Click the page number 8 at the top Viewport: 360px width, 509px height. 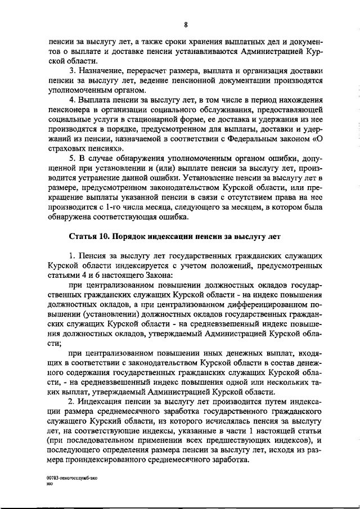pyautogui.click(x=185, y=24)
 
